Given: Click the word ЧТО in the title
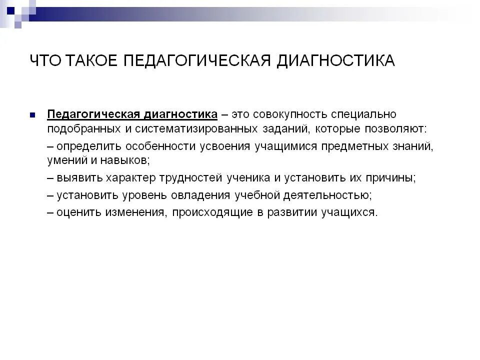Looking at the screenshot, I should [x=46, y=60].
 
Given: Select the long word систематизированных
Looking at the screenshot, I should [x=196, y=128].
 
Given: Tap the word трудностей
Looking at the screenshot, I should [x=196, y=178].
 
